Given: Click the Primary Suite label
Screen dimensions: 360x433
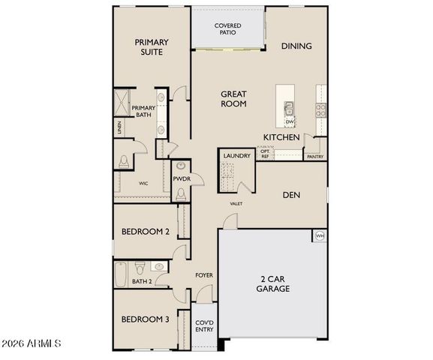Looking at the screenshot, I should (x=151, y=47).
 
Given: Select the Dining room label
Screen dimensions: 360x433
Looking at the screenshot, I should (x=296, y=46).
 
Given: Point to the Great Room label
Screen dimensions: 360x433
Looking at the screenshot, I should (x=233, y=99).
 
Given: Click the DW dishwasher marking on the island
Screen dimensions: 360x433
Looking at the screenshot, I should (x=289, y=121).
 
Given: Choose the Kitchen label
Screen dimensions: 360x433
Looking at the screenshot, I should (x=281, y=137).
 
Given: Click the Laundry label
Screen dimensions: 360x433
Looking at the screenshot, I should (x=236, y=155).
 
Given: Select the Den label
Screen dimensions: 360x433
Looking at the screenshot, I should (x=291, y=194).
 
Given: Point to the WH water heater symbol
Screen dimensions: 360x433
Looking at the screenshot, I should (x=320, y=235).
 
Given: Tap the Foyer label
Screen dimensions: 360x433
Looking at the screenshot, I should (x=203, y=275).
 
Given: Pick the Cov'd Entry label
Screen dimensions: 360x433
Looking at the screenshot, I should (x=204, y=325).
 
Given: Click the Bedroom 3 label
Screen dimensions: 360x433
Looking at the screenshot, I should (x=146, y=319).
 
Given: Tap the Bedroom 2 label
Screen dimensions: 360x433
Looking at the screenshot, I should (x=146, y=232).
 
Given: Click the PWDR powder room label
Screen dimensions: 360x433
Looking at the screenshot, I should (x=181, y=179).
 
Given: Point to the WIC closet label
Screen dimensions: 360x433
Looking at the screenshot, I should (x=143, y=182).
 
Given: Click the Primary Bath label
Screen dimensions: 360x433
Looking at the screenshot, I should (x=143, y=112).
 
